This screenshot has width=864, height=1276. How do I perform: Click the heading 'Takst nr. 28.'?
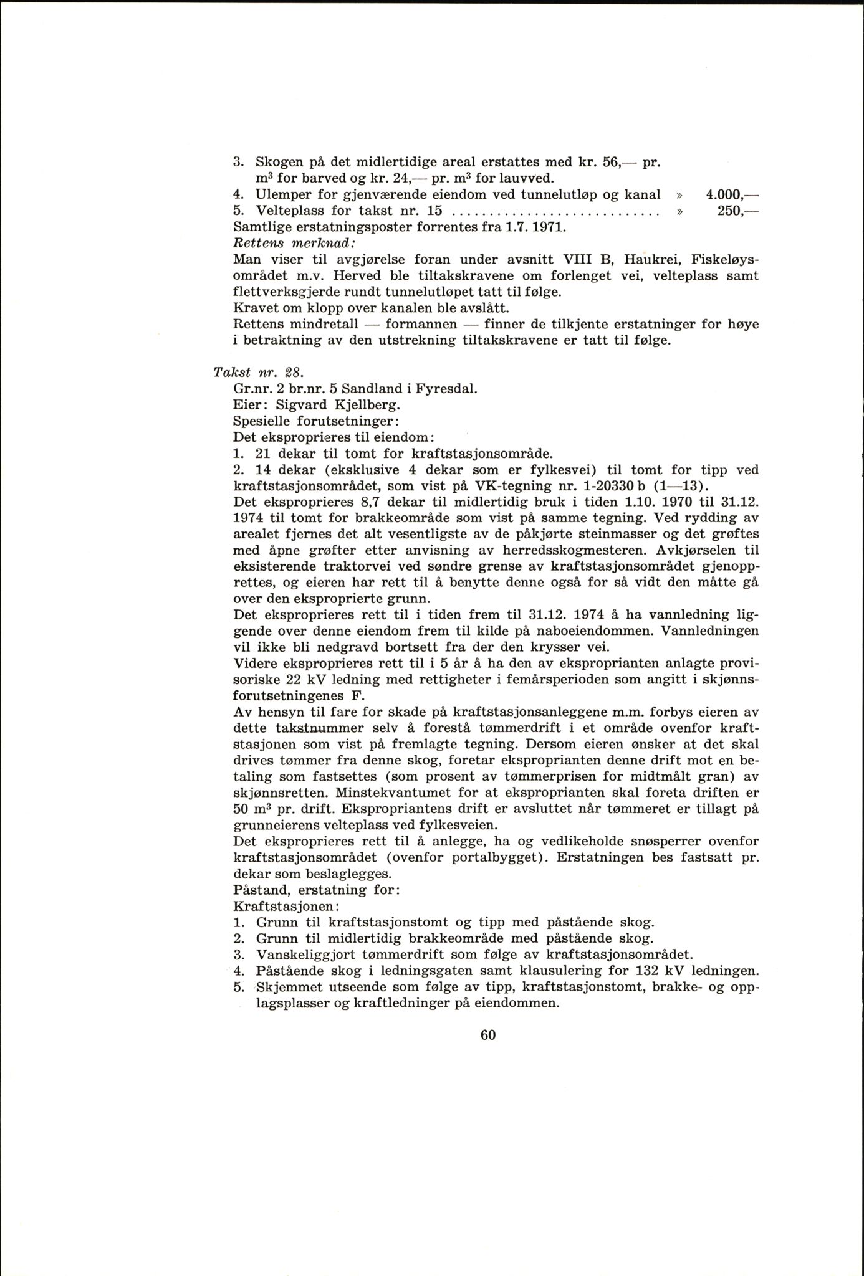point(257,373)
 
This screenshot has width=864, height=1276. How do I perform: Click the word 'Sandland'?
point(367,388)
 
